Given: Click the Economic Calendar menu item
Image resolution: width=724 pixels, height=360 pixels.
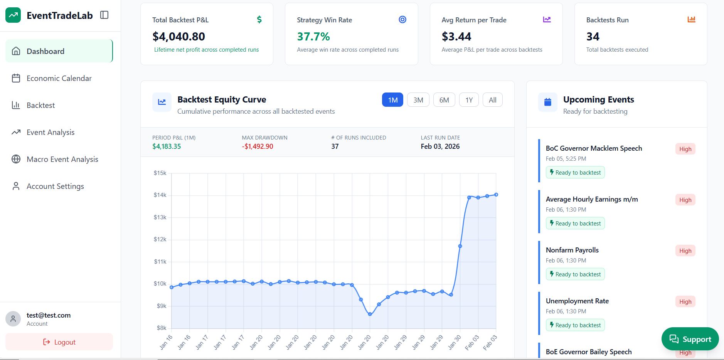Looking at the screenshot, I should point(59,78).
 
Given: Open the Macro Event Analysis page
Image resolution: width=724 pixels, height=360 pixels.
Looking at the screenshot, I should point(62,159).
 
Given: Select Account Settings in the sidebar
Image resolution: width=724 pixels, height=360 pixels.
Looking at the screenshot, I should point(55,186).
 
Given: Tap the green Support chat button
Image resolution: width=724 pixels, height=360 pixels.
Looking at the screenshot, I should point(690,339).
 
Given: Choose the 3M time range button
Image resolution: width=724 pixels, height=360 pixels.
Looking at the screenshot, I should point(418,100).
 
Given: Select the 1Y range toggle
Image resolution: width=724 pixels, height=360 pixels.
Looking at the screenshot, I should point(468,100).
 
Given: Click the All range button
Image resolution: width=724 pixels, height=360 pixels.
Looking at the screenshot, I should point(492,100).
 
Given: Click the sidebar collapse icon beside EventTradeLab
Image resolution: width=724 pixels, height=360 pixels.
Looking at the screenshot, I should point(104,15).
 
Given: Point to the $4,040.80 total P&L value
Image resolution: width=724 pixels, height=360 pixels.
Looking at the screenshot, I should point(178,37).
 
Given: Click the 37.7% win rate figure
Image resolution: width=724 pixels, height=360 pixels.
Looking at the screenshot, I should point(313,37).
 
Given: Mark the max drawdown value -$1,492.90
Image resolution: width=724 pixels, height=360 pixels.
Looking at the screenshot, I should point(258,146).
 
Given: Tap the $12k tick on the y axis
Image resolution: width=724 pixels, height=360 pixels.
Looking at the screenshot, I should point(160,239).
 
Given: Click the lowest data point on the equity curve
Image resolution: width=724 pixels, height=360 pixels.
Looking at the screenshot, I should point(370,314).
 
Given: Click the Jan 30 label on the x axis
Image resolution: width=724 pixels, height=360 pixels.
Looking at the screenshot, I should point(455,342).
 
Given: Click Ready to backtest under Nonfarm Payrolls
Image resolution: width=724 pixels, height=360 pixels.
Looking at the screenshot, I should point(575,274).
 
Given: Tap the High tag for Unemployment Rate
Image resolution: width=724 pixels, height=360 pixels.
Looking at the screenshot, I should point(685,302).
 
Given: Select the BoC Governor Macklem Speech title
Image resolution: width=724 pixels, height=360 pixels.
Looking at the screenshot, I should point(594,148).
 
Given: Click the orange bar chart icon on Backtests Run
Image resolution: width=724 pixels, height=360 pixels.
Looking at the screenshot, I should point(691,19).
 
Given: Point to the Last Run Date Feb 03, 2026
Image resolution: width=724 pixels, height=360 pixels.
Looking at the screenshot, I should point(440,146).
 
